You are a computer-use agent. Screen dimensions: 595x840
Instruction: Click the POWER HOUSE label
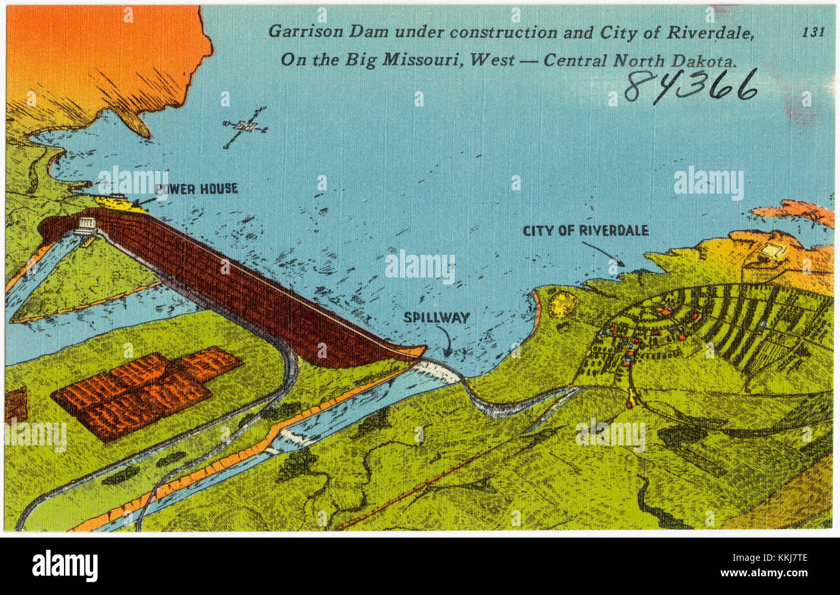point(196,189)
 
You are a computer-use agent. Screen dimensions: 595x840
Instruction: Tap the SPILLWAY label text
point(436,318)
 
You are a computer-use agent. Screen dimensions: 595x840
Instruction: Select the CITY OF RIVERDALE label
point(585,230)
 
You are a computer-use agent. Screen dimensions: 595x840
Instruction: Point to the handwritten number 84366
point(690,86)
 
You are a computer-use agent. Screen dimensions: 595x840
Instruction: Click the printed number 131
point(813,32)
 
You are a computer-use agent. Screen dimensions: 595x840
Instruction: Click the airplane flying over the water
point(245,126)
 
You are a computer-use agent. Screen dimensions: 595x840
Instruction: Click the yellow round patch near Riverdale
point(562,304)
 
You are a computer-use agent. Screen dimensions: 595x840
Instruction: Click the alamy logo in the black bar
point(65,566)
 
